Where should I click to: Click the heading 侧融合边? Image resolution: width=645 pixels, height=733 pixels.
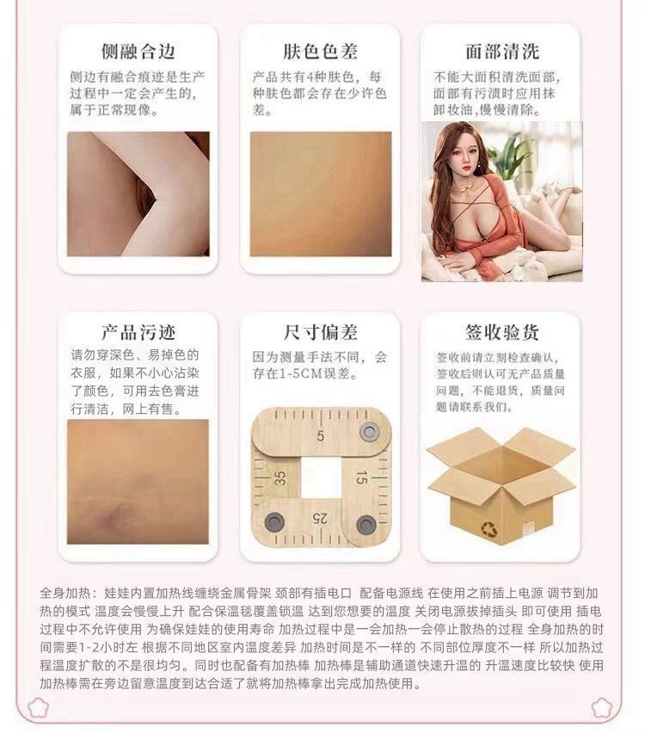(138, 51)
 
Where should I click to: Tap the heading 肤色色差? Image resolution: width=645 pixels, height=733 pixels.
(320, 51)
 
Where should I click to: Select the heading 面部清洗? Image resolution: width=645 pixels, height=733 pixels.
(502, 51)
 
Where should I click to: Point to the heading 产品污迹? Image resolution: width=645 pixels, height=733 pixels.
(138, 332)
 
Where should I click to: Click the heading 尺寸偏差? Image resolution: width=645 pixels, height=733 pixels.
(320, 332)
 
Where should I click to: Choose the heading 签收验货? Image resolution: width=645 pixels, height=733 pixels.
(502, 332)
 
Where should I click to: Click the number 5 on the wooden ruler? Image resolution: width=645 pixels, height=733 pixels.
(320, 435)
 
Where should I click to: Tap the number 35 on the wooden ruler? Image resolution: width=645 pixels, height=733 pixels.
(280, 477)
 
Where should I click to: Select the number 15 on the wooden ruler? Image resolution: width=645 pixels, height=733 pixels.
(361, 477)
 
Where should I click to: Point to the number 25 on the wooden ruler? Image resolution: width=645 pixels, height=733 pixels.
(320, 518)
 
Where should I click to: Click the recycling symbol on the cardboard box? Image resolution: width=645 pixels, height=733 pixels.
(489, 529)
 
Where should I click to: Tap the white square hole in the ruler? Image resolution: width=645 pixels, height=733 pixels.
(320, 477)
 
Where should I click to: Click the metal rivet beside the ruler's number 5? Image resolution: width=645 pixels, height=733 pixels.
(369, 430)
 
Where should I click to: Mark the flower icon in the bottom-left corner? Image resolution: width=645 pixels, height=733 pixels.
(37, 707)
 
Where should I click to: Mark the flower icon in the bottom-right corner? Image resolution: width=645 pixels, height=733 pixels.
(601, 707)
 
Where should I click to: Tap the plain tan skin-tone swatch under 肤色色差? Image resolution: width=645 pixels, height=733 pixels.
(321, 194)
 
